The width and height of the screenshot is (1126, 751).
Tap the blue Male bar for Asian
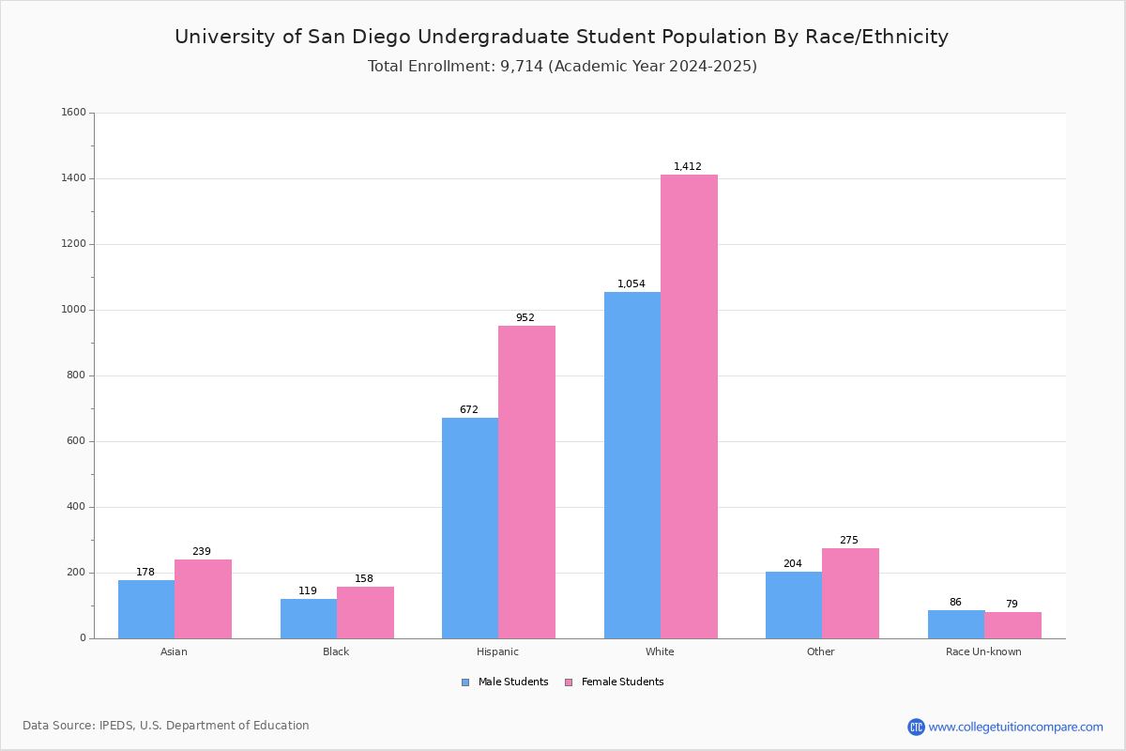(x=146, y=609)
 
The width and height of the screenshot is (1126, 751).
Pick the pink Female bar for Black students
(x=365, y=612)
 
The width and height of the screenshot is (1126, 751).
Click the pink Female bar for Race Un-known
(x=1012, y=625)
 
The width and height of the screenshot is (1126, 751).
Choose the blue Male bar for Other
(x=794, y=605)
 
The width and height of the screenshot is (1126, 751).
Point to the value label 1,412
(x=688, y=166)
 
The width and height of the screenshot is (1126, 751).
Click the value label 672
(x=469, y=409)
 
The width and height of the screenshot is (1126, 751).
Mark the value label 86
(x=955, y=602)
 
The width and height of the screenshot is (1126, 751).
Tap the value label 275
(x=849, y=540)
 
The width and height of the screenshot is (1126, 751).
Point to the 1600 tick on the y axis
(x=73, y=113)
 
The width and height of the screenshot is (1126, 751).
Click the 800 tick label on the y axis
(x=76, y=375)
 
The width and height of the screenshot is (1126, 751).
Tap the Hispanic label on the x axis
(x=497, y=651)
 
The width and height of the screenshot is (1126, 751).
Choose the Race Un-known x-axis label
(x=983, y=651)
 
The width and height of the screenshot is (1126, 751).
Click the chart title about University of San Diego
(x=561, y=37)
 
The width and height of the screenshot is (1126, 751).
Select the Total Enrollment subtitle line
(x=562, y=67)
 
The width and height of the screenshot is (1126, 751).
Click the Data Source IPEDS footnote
(x=166, y=726)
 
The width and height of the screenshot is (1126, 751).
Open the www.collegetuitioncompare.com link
(x=1015, y=727)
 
